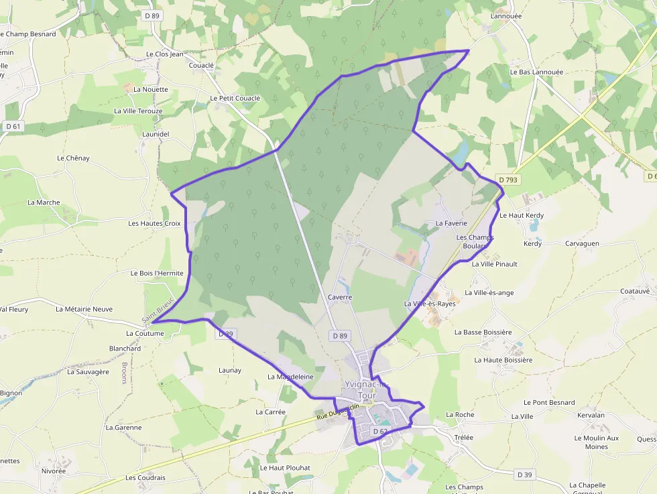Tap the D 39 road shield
point(524,475)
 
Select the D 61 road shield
point(13,126)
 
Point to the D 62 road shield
point(380,431)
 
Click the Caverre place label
point(340,297)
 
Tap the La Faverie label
point(451,223)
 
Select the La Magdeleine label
point(290,377)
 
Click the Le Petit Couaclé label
point(235,98)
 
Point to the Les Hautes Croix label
point(155,223)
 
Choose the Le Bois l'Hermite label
point(157,273)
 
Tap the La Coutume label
point(145,333)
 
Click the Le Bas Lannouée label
point(536,72)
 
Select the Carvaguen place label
point(582,244)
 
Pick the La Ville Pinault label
point(495,264)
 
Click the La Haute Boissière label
point(503,360)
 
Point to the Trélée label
point(463,438)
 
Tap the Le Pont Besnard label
point(549,403)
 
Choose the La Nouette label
point(151,89)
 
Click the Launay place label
point(230,370)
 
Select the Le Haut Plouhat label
point(285,468)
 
